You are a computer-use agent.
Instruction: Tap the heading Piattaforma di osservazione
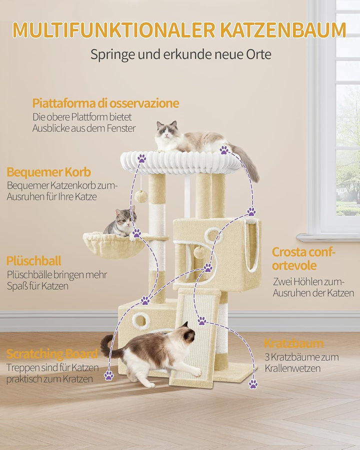(105, 103)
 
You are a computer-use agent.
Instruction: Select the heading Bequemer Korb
(49, 172)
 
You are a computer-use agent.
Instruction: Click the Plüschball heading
(34, 261)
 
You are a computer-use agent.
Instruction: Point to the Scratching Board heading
(52, 354)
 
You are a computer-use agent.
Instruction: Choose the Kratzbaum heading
(293, 343)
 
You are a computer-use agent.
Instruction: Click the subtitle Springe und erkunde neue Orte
(181, 54)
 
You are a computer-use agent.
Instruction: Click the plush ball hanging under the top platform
(141, 196)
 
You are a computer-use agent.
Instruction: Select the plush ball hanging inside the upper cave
(198, 252)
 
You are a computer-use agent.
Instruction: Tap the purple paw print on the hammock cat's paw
(136, 232)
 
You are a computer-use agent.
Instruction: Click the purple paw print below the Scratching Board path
(109, 375)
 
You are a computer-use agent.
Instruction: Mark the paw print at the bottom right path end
(253, 383)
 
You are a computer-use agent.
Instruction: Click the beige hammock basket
(114, 245)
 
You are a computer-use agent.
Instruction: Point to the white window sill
(328, 237)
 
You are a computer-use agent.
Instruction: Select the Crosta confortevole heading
(303, 258)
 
